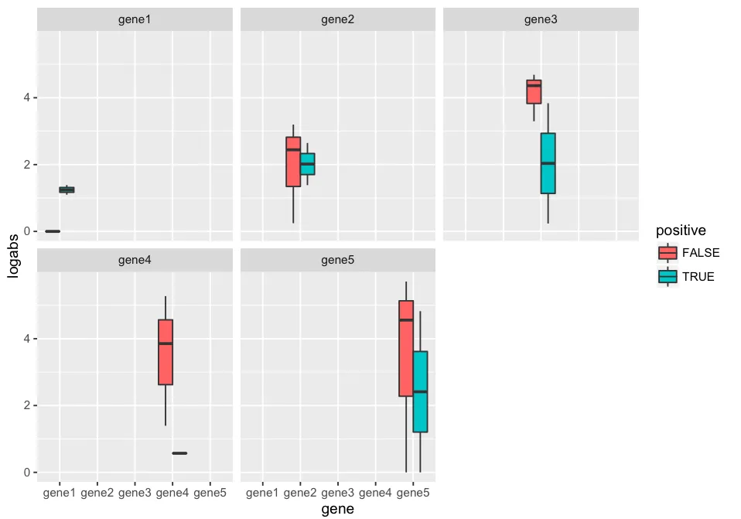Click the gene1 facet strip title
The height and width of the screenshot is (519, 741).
(x=135, y=19)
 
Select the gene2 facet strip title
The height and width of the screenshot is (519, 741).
(x=338, y=19)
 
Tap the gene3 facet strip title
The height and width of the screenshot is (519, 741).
(x=541, y=19)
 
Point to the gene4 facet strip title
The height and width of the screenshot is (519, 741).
(x=135, y=261)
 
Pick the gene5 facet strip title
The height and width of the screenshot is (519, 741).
(x=338, y=261)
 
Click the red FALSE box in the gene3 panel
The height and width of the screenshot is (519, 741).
(x=534, y=91)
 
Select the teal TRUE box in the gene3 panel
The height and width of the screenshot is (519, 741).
(x=548, y=163)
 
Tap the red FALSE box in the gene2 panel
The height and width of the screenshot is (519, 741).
(x=293, y=162)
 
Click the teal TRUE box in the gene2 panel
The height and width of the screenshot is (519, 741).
(x=307, y=164)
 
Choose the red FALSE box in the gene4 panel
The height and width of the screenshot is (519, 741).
(x=165, y=352)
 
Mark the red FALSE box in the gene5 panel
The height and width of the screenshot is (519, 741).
(x=406, y=348)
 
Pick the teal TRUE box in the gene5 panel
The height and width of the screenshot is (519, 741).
(x=420, y=391)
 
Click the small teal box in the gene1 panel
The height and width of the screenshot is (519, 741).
(x=67, y=190)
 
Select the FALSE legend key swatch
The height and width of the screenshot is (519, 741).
(x=668, y=253)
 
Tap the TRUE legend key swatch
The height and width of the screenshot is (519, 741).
(x=668, y=276)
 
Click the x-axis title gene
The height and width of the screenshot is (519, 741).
(x=337, y=509)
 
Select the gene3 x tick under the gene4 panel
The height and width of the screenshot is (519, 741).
(x=135, y=492)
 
